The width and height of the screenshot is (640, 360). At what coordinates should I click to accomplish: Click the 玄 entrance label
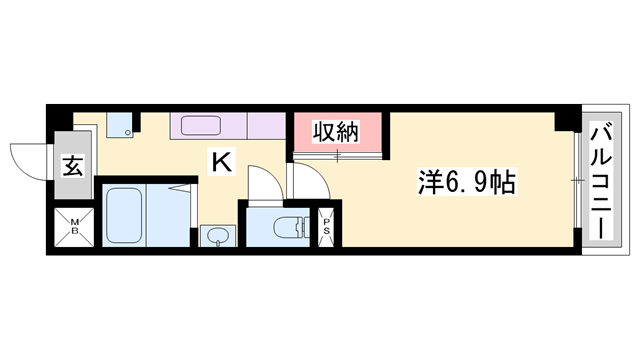click(x=74, y=167)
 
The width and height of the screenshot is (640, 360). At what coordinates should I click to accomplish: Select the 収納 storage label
click(x=337, y=132)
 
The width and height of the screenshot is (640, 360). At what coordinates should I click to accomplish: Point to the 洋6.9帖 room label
click(x=466, y=183)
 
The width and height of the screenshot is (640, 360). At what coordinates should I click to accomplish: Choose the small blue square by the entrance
click(x=120, y=127)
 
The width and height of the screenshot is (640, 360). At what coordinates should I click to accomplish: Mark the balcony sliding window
click(x=577, y=180)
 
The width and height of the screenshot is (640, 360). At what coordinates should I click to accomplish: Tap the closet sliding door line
click(x=338, y=155)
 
